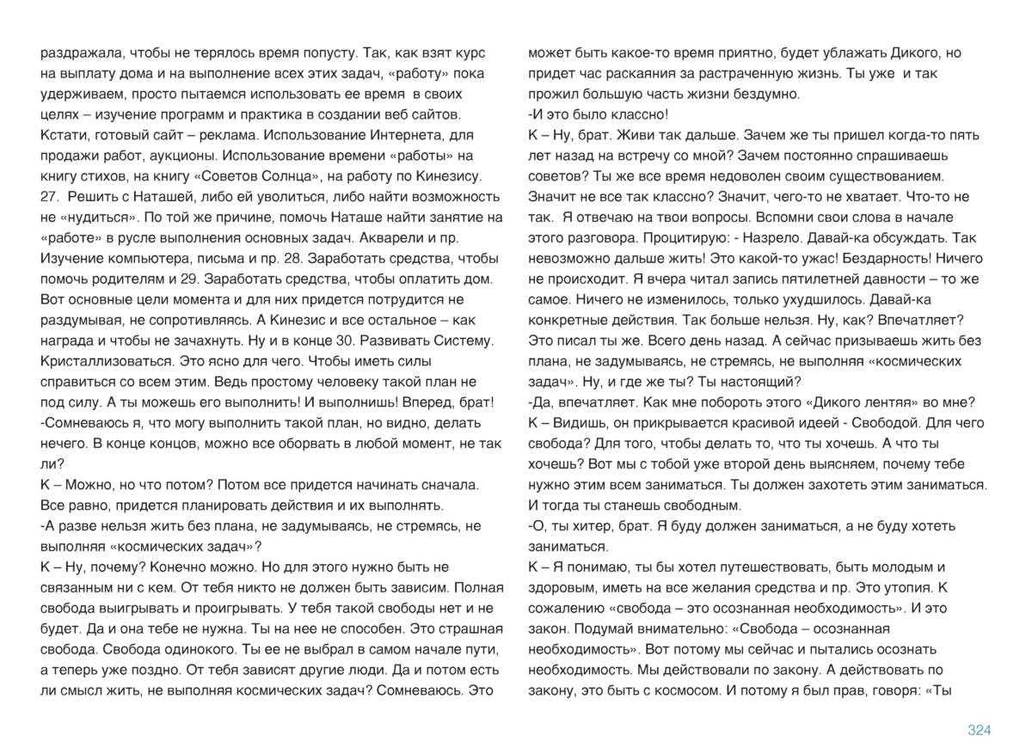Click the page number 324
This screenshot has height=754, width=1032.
click(x=980, y=731)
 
